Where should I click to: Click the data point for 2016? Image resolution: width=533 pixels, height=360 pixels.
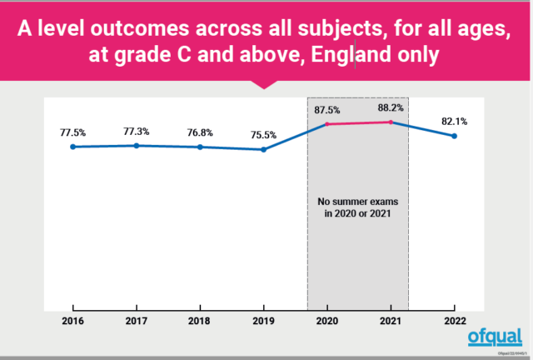point(73,147)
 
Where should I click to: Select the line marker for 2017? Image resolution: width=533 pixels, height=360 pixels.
point(137,146)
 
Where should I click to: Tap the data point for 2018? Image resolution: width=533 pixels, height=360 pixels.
point(200,147)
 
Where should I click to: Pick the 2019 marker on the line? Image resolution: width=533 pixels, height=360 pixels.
point(263,150)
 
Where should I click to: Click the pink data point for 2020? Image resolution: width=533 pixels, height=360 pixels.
point(327,124)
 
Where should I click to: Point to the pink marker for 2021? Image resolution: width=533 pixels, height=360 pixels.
point(391,122)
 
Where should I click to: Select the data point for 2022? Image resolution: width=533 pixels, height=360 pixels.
point(454,136)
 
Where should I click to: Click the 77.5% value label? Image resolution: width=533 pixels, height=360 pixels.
point(73,132)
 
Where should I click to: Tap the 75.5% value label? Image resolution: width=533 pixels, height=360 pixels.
point(263,135)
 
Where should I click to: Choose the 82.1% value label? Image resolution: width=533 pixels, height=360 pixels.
point(454,122)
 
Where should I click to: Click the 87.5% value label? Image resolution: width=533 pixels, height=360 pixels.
point(327,109)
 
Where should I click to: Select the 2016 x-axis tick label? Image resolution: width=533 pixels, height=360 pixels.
point(73,319)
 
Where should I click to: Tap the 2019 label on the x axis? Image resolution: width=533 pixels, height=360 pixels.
point(263,319)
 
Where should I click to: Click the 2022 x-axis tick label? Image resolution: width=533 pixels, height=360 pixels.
point(454,319)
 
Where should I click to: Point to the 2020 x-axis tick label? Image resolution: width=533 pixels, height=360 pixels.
point(327,319)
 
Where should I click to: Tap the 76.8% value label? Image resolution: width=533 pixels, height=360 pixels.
point(200,132)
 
